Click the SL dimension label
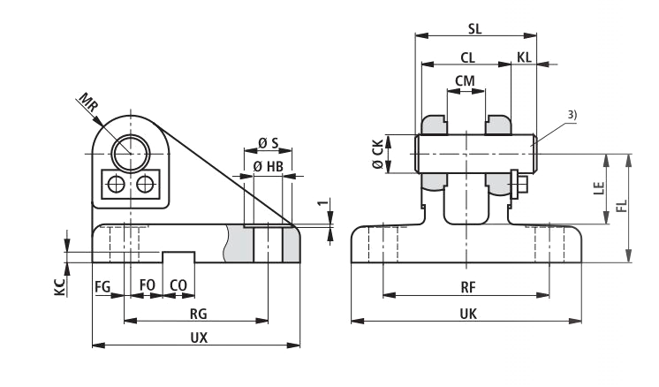tap(475, 28)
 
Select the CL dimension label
tap(467, 57)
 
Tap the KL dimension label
tap(524, 57)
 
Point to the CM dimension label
tap(466, 80)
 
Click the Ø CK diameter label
tap(378, 155)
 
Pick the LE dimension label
tap(598, 188)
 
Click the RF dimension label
tap(468, 288)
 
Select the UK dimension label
tap(468, 314)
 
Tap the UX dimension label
tap(200, 338)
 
